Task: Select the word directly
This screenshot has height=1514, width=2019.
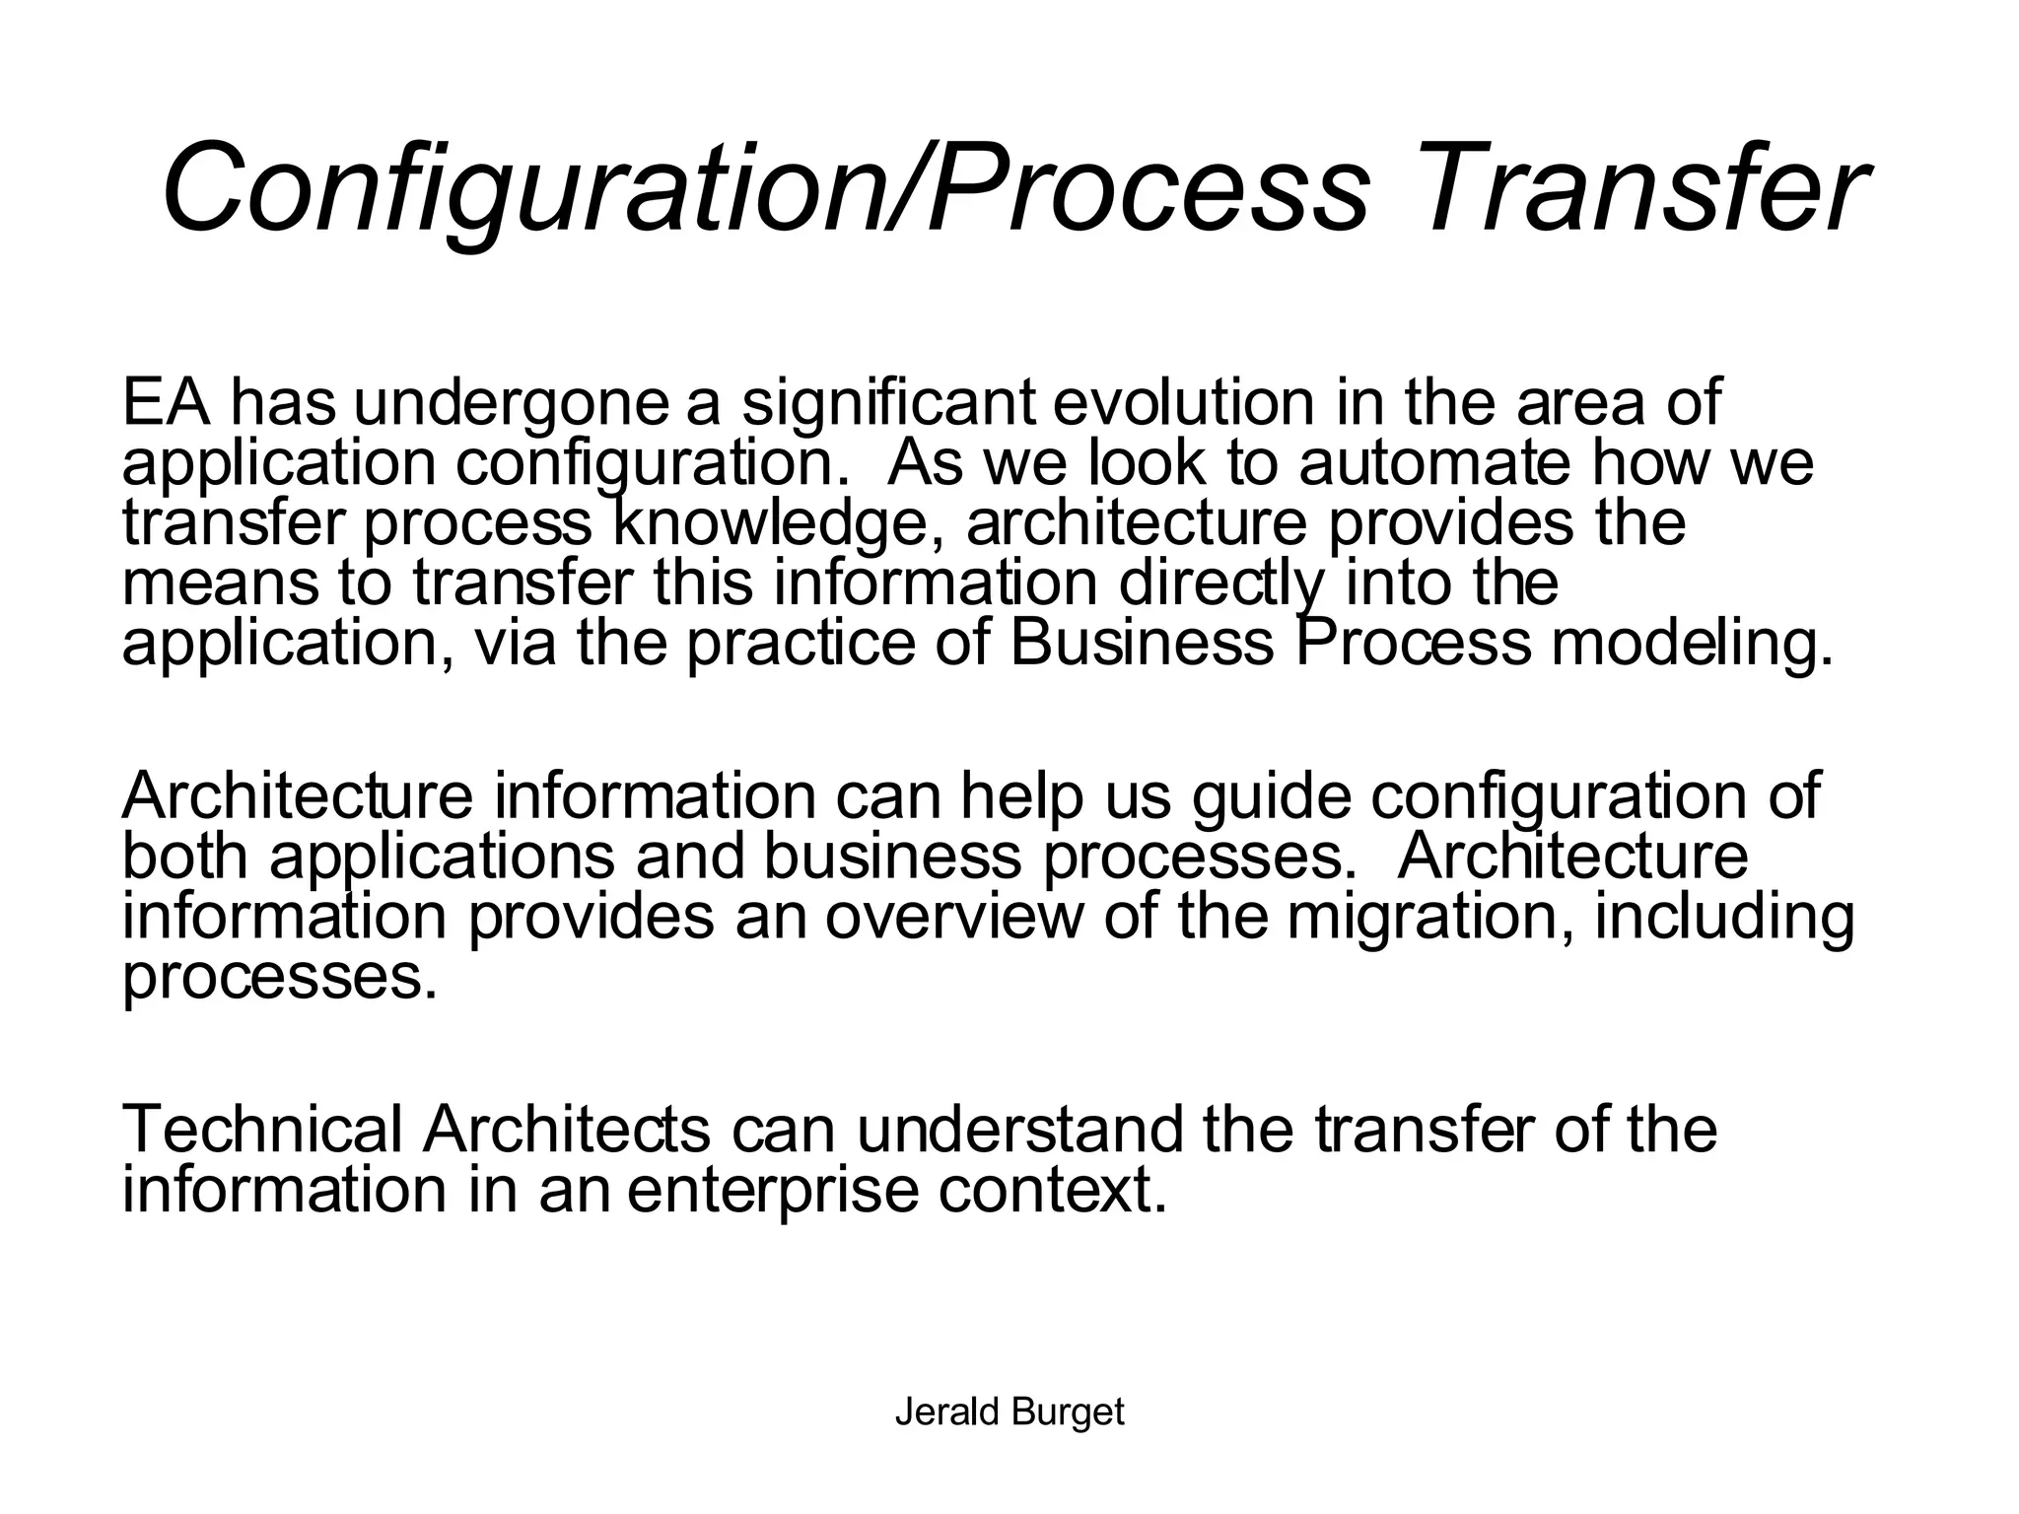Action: pos(1221,584)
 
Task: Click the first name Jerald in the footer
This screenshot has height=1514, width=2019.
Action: pos(947,1412)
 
